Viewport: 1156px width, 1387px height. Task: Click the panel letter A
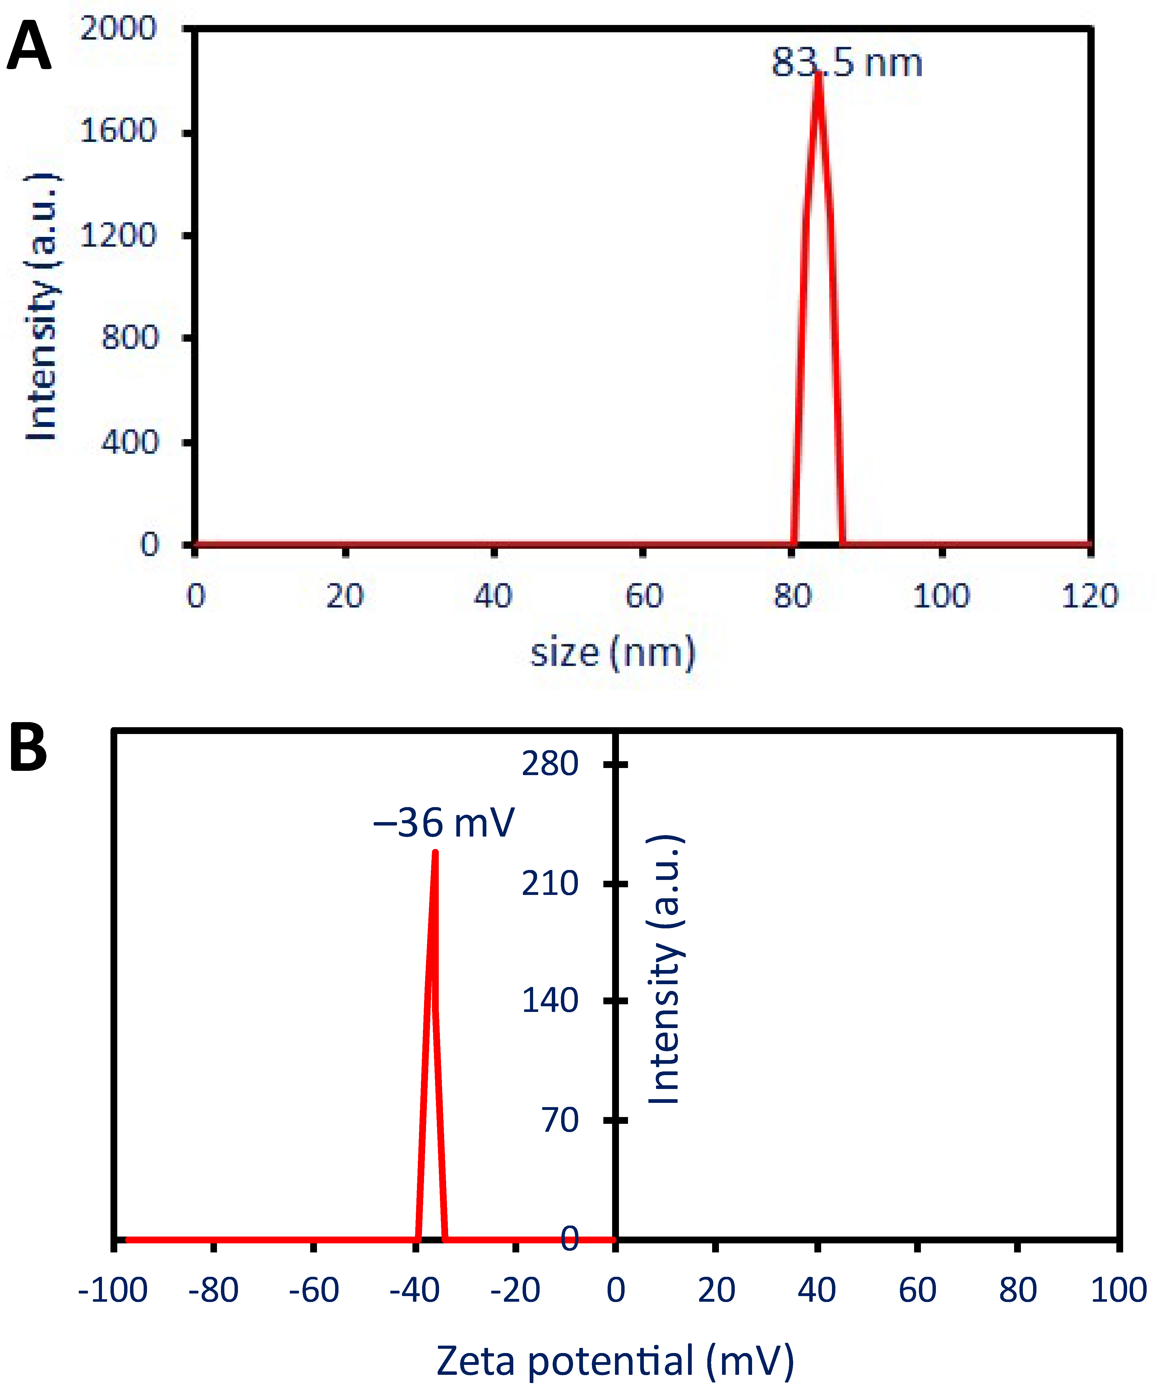(x=28, y=46)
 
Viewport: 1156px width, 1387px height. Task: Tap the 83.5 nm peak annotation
(x=847, y=63)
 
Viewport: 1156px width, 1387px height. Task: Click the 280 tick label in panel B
(x=550, y=764)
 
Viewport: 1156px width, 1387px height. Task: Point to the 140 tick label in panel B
(x=550, y=1001)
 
